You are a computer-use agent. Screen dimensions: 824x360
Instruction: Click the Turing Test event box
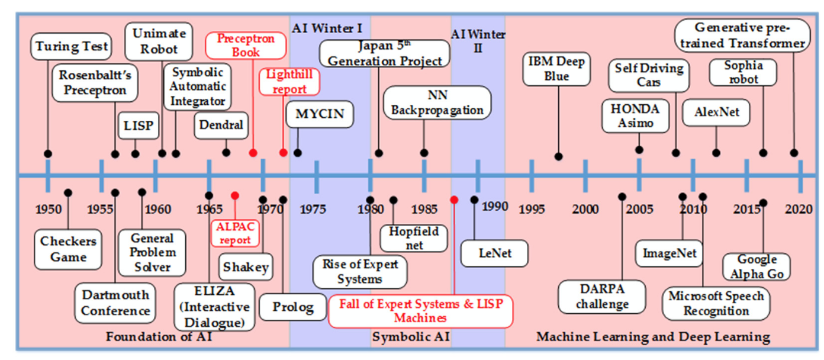tap(71, 46)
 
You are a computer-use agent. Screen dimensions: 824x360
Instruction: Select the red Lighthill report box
tap(289, 82)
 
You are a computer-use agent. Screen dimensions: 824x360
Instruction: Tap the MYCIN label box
tap(320, 114)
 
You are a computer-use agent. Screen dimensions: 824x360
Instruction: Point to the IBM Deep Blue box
tap(556, 69)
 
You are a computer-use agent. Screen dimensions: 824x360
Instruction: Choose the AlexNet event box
tap(716, 112)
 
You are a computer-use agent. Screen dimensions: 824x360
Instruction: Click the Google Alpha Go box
tap(757, 267)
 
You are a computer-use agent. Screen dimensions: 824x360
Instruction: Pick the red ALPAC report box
tap(235, 233)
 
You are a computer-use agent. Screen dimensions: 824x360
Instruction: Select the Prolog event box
tap(293, 307)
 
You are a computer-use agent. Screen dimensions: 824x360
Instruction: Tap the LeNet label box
tap(494, 253)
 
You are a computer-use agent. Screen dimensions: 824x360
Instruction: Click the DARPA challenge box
tap(602, 297)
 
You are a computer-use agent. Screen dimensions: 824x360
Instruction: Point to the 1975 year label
tap(313, 210)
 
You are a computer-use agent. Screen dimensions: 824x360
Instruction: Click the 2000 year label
tap(585, 209)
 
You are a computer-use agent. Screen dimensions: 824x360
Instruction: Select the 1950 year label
tap(48, 210)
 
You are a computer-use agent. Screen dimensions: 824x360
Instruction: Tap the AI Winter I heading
tap(327, 28)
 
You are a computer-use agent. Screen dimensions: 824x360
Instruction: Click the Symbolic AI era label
tap(411, 337)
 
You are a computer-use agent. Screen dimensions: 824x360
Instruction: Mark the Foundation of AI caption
tap(159, 337)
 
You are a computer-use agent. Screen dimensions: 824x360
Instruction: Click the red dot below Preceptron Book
tap(253, 153)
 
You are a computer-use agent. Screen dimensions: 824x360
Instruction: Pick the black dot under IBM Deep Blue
tap(558, 156)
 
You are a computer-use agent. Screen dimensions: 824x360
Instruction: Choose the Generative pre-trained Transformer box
tap(742, 36)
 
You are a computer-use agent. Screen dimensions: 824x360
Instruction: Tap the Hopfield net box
tap(414, 239)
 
